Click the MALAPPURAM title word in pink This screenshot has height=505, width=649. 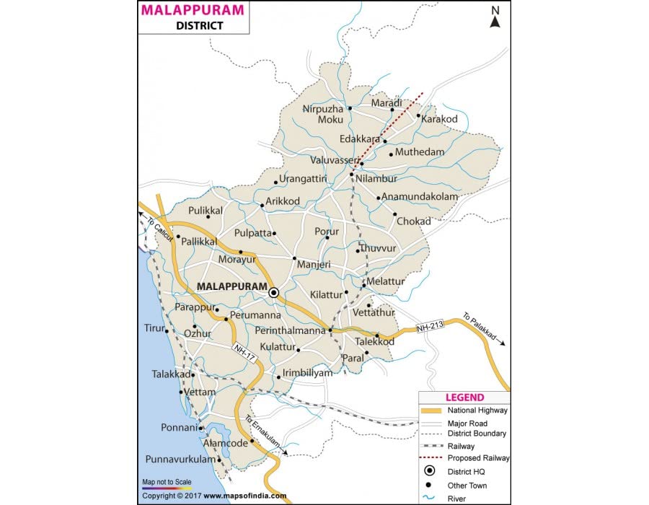pos(193,10)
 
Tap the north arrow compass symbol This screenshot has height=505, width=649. pos(495,17)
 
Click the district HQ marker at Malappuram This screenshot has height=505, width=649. pos(274,293)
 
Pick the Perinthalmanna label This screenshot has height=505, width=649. pos(291,330)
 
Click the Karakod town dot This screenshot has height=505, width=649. pos(418,115)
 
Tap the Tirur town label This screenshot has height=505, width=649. pos(154,328)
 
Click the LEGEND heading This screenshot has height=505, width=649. pos(464,398)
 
